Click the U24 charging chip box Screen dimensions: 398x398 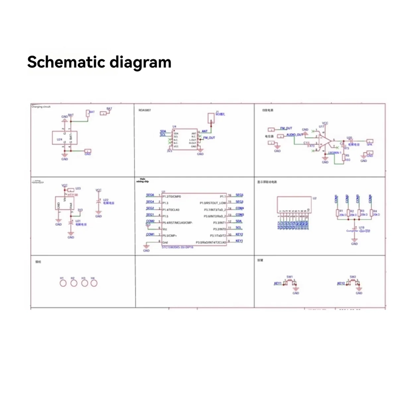(x=65, y=138)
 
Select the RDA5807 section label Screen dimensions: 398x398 (x=145, y=110)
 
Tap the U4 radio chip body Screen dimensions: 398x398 (x=185, y=140)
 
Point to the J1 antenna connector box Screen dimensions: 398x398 (x=211, y=118)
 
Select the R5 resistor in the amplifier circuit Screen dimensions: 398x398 (x=344, y=158)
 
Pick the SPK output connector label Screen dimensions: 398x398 (x=369, y=144)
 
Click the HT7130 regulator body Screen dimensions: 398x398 (x=65, y=203)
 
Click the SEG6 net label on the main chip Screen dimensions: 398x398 (x=150, y=195)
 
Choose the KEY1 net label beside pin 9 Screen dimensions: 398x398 (x=239, y=241)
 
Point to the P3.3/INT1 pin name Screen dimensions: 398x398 (x=219, y=223)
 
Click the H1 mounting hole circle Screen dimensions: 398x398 (x=63, y=283)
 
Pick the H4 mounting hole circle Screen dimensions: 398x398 (x=94, y=283)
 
